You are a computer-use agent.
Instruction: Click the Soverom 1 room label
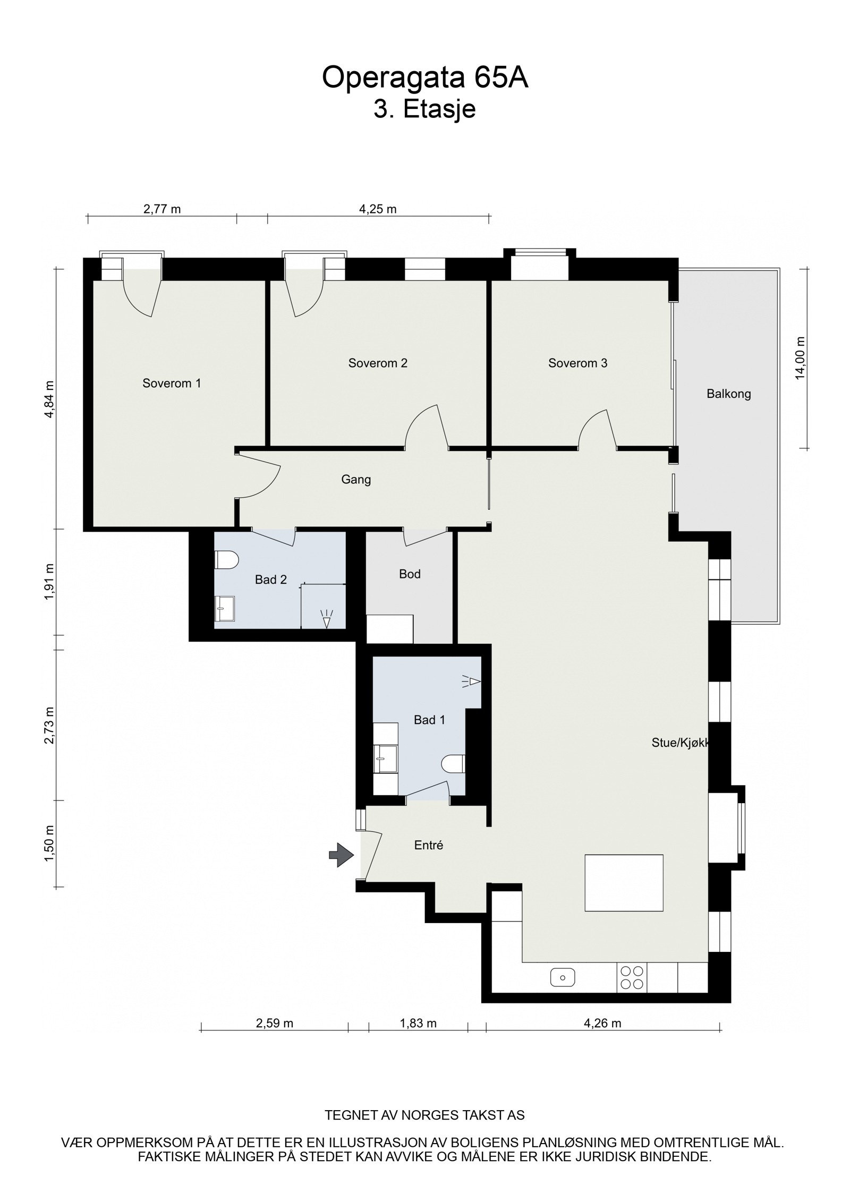click(172, 383)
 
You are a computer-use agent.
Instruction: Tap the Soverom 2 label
click(378, 363)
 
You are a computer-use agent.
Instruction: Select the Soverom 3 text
click(577, 363)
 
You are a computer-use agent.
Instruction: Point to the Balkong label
click(728, 394)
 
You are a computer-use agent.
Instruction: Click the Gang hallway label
click(356, 480)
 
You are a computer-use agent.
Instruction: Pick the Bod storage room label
click(410, 574)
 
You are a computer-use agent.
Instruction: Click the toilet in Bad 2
click(227, 559)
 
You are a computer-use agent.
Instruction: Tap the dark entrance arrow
click(341, 855)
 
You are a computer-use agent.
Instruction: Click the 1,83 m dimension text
click(418, 1023)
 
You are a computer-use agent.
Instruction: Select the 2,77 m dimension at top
click(162, 209)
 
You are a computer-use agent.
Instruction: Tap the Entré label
click(428, 845)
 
